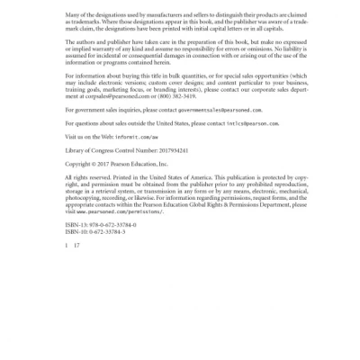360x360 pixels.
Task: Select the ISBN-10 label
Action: click(78, 230)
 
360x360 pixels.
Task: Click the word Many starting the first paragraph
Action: click(74, 16)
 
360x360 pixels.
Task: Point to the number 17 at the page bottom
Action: click(76, 245)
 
